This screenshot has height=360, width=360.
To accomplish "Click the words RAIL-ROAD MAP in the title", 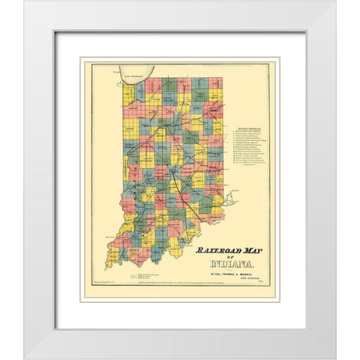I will coord(225,252).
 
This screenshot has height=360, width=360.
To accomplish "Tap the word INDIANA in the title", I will coord(225,264).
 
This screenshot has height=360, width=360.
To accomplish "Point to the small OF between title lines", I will coord(225,258).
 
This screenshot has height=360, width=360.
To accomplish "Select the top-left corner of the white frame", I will coord(25,3).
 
